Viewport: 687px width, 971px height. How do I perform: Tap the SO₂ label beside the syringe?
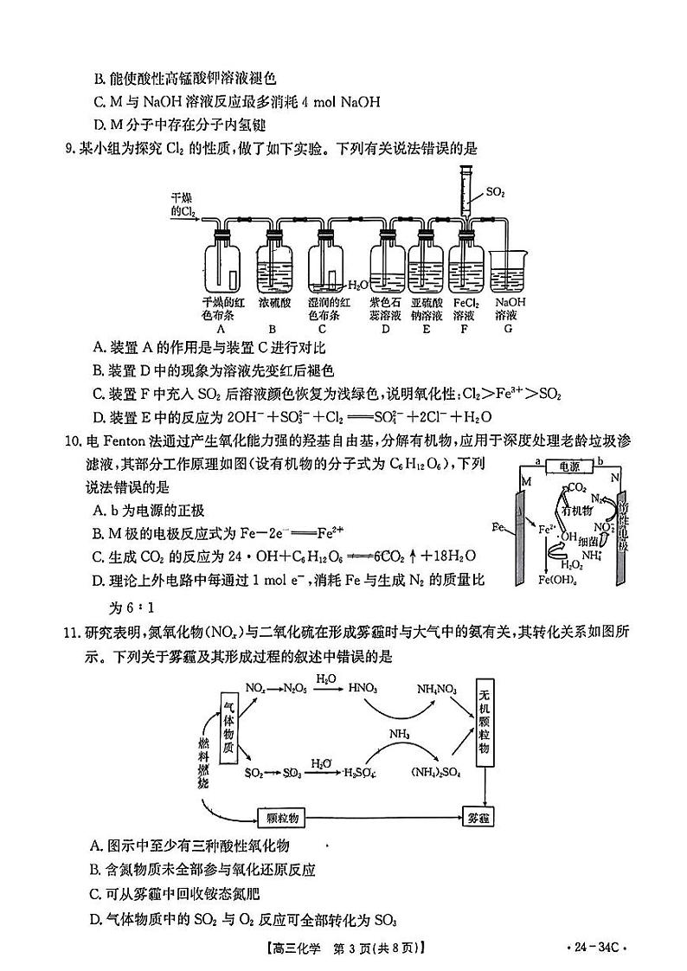pos(496,191)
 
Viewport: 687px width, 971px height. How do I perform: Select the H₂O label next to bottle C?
pos(356,284)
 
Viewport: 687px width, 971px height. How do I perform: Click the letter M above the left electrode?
pos(525,480)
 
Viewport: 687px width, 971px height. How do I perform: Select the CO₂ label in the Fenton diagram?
pos(578,487)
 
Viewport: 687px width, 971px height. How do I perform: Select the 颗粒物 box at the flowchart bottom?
pos(283,816)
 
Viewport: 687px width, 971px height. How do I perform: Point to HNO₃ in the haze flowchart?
pos(361,688)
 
